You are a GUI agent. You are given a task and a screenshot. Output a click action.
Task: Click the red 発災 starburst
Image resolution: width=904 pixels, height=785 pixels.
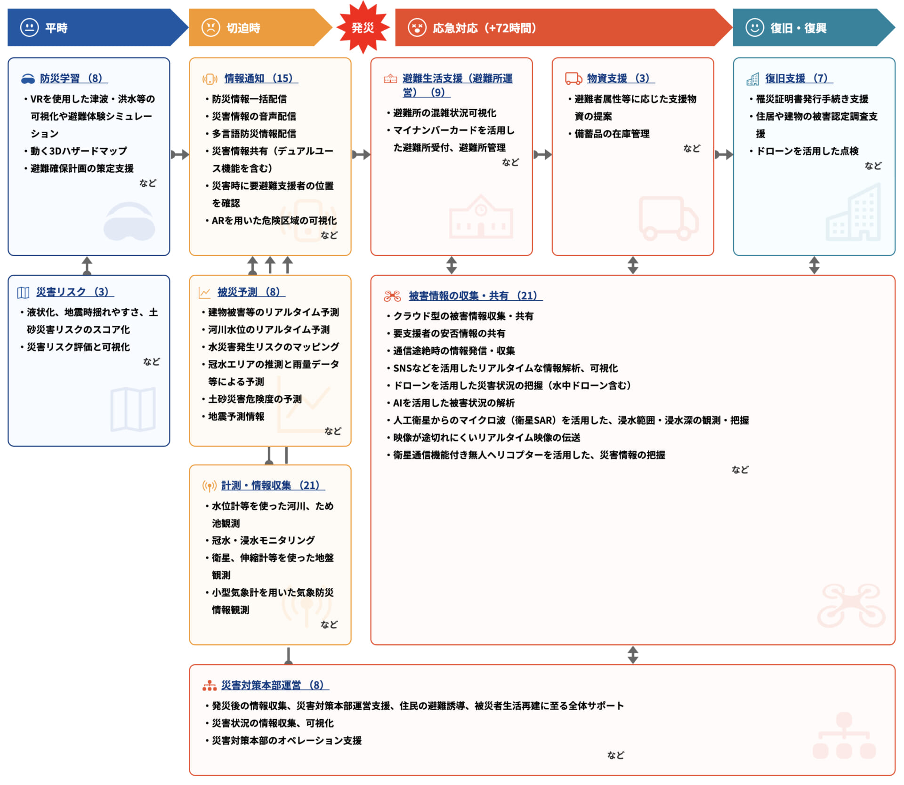pos(363,27)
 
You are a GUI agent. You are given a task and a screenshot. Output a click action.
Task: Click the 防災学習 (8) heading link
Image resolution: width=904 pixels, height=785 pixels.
pos(73,78)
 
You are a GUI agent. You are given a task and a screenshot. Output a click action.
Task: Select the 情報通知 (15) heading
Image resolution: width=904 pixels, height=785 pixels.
pos(260,78)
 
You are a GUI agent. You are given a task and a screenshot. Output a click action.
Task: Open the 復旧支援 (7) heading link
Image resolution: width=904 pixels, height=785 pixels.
pos(799,78)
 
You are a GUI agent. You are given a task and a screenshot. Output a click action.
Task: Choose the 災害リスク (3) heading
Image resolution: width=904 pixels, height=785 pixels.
pos(74,292)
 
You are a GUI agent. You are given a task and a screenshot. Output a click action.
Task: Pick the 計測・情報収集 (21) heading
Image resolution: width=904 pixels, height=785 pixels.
pos(273,485)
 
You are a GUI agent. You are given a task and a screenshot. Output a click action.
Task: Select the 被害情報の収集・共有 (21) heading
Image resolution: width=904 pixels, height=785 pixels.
pos(475,296)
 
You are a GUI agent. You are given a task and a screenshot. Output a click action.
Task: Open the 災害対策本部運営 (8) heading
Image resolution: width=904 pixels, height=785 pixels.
pos(274,685)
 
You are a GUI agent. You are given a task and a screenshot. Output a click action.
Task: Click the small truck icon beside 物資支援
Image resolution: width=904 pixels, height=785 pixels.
pos(573,78)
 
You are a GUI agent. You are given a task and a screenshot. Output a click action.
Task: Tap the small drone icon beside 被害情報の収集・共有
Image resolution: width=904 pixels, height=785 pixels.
pos(392,296)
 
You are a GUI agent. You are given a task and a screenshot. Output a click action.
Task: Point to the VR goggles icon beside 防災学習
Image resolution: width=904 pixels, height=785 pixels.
pos(28,79)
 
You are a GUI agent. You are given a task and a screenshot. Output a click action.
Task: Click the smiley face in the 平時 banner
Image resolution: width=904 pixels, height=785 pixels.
pos(29,27)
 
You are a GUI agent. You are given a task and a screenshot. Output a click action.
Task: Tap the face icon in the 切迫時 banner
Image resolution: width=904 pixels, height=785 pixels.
pos(210,27)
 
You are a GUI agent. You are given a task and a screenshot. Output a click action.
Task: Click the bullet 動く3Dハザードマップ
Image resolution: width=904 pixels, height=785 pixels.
pos(79,151)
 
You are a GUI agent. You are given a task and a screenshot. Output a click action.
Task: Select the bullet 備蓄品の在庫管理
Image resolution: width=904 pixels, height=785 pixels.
pos(612,134)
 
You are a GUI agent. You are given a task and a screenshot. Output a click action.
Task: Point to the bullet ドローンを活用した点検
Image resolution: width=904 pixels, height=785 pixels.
pos(807,151)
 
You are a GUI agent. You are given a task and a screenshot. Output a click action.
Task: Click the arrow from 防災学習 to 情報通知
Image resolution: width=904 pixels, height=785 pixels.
pos(179,154)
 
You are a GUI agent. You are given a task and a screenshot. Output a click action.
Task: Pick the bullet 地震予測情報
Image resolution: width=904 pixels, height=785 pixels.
pos(236,417)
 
